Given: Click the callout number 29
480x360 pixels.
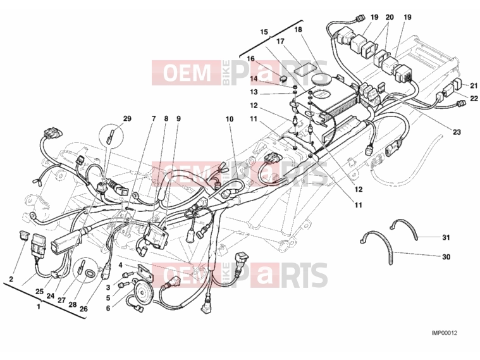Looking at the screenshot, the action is [127, 118].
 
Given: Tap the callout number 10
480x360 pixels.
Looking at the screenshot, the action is [230, 119].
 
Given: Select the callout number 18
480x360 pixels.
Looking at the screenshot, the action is [298, 29].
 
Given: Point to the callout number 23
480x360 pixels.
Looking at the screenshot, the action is [457, 132].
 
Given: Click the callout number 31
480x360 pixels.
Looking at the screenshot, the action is [446, 237].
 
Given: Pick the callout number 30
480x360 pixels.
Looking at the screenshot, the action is [446, 257].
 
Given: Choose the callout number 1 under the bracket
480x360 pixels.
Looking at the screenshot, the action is [39, 306].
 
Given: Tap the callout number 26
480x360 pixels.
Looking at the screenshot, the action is [83, 309].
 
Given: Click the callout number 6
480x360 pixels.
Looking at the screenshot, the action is [108, 309].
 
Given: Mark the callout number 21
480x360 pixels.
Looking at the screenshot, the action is [474, 85].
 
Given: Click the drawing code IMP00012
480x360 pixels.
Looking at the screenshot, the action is [444, 333].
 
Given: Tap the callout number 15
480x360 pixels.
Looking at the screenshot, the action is [264, 32].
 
